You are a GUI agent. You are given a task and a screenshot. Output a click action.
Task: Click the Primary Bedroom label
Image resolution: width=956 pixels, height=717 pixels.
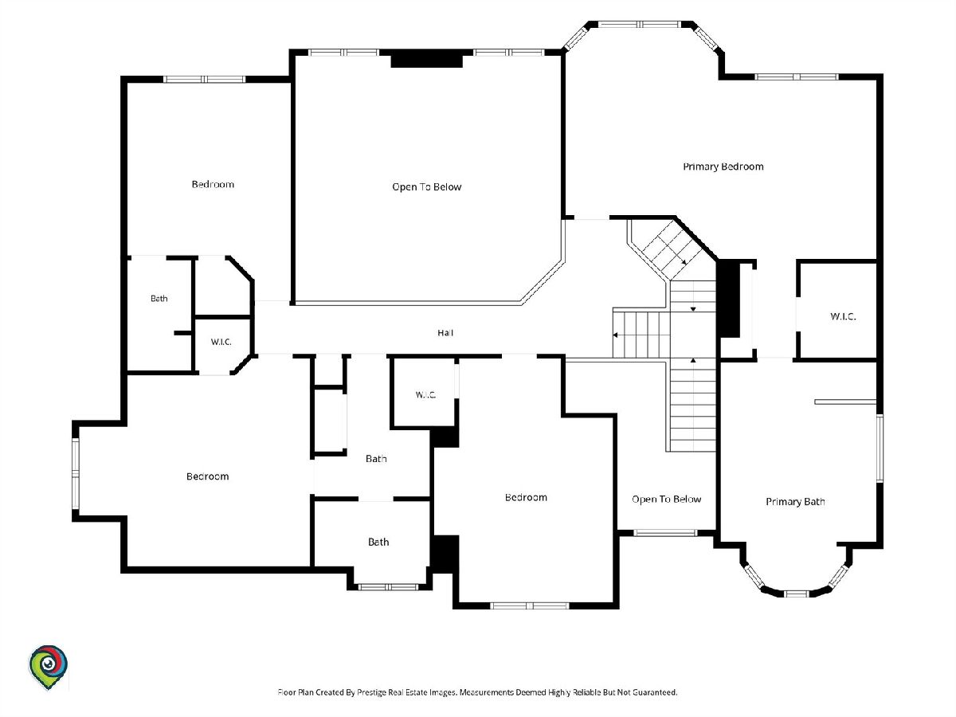point(723,167)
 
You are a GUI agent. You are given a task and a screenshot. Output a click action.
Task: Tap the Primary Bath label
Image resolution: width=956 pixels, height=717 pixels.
point(795,502)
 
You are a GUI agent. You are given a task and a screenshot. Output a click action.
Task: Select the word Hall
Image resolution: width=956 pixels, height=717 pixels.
point(445,333)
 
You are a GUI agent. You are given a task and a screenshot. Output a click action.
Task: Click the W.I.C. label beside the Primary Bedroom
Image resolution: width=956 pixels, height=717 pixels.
point(843,316)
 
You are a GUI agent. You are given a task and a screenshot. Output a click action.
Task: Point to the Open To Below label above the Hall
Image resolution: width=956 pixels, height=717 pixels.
point(426,187)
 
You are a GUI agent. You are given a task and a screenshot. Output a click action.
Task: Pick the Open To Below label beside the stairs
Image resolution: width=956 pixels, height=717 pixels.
point(666,500)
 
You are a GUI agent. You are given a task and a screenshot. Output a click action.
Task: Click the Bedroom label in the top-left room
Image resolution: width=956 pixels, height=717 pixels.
point(213,185)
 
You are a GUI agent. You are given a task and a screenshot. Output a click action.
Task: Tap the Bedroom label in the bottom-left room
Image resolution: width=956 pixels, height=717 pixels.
point(207,476)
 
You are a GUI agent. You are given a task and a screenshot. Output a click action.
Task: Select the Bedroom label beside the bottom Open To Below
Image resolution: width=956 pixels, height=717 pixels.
point(526,498)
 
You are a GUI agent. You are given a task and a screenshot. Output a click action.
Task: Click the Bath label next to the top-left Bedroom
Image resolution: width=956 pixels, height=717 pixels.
point(159,299)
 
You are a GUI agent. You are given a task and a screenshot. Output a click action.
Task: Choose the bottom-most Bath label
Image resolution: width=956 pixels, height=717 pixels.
point(378,542)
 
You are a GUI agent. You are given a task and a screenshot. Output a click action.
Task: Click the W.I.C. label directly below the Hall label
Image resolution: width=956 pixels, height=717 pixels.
point(425,395)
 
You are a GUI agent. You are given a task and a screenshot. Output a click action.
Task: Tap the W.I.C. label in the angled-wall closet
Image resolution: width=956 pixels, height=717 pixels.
point(221,343)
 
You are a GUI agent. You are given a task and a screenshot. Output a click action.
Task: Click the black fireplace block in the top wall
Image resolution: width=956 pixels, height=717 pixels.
point(426,59)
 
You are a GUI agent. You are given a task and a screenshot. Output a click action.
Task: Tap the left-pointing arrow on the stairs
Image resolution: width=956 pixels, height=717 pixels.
point(615,335)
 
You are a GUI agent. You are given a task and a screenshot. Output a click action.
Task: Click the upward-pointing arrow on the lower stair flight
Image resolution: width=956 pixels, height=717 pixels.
point(693,360)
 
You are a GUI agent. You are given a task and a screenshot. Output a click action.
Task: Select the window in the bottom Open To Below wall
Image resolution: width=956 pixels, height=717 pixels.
point(665,532)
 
